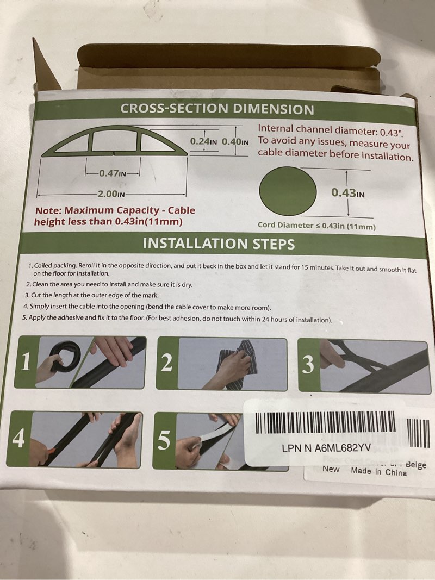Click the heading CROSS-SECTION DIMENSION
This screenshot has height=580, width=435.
[x=217, y=109]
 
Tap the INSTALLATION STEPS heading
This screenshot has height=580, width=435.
[x=219, y=244]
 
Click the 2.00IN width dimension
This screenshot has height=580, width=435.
[x=111, y=194]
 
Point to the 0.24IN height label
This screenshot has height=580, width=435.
[x=203, y=141]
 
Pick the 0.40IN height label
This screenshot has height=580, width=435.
[x=235, y=141]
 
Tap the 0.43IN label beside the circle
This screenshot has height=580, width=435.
[x=348, y=192]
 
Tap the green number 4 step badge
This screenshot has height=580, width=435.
[x=18, y=439]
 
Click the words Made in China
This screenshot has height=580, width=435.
[x=378, y=472]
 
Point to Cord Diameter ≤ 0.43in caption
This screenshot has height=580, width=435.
[x=316, y=226]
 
